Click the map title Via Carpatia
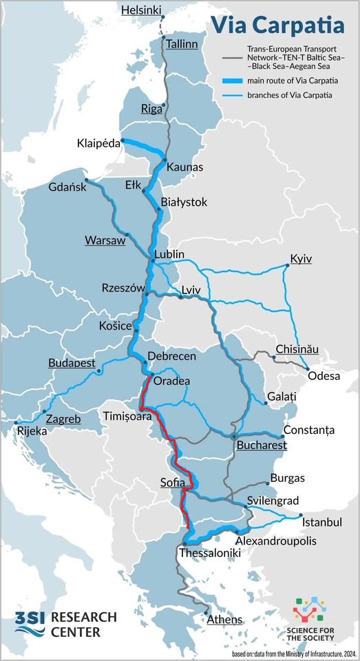coord(277,25)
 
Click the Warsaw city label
coord(105,240)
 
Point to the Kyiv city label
coord(301,258)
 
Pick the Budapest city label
coord(72,363)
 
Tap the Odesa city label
coord(324,376)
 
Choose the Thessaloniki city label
coord(209,553)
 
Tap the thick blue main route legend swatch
coord(233,81)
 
